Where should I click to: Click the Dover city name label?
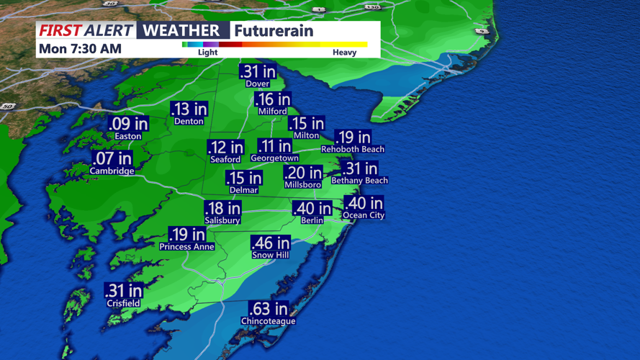click(x=258, y=84)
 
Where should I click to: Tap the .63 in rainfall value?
click(x=269, y=310)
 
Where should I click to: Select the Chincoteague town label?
click(x=269, y=321)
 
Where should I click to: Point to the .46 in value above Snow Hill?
click(x=270, y=243)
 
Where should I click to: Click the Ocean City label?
click(x=364, y=215)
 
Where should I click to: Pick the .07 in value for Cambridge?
click(x=112, y=159)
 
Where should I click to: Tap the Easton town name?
click(x=128, y=136)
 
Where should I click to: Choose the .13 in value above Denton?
click(x=189, y=109)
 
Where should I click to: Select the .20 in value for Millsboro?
click(x=303, y=174)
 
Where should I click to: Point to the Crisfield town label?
click(x=123, y=303)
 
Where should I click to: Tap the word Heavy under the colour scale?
click(x=344, y=53)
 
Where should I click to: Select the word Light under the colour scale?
click(x=207, y=53)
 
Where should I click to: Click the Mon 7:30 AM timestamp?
click(x=80, y=49)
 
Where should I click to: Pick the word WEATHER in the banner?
click(x=181, y=30)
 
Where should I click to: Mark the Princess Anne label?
click(x=187, y=246)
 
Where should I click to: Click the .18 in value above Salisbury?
click(x=222, y=210)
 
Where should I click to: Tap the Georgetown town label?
click(x=274, y=158)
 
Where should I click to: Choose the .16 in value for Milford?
click(x=274, y=100)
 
